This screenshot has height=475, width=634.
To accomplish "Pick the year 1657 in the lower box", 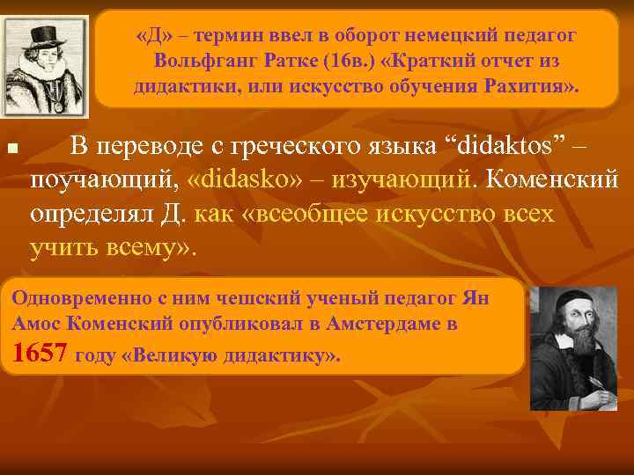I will click(41, 354).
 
